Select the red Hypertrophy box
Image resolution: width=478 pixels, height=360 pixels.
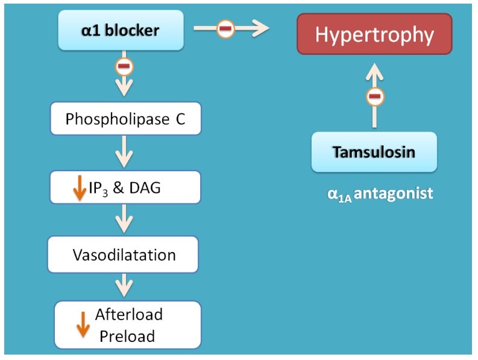[x=374, y=34]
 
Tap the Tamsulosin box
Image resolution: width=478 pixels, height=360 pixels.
[x=374, y=152]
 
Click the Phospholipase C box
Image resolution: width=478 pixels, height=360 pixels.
[x=125, y=119]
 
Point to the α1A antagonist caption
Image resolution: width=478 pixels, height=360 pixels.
[x=376, y=194]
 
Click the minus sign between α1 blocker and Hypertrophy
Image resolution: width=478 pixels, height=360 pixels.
[x=225, y=28]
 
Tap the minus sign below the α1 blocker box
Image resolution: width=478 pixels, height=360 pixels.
[x=125, y=66]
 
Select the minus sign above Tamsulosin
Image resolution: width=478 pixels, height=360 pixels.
[x=375, y=96]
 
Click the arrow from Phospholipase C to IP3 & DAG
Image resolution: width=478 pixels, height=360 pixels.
[x=124, y=151]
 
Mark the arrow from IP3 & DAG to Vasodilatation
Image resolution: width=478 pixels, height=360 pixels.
[x=124, y=218]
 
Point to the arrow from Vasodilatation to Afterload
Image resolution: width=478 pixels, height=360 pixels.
[x=124, y=285]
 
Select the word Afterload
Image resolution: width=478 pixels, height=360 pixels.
[x=129, y=314]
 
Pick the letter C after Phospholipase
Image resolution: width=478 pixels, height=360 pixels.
[x=180, y=119]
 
